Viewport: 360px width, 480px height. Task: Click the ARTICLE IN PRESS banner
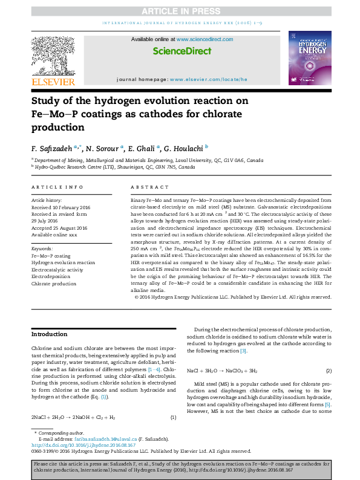(180, 11)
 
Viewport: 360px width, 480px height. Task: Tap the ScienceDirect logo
(180, 51)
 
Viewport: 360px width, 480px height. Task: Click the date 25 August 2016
(66, 227)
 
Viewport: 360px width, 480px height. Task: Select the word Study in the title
(48, 101)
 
